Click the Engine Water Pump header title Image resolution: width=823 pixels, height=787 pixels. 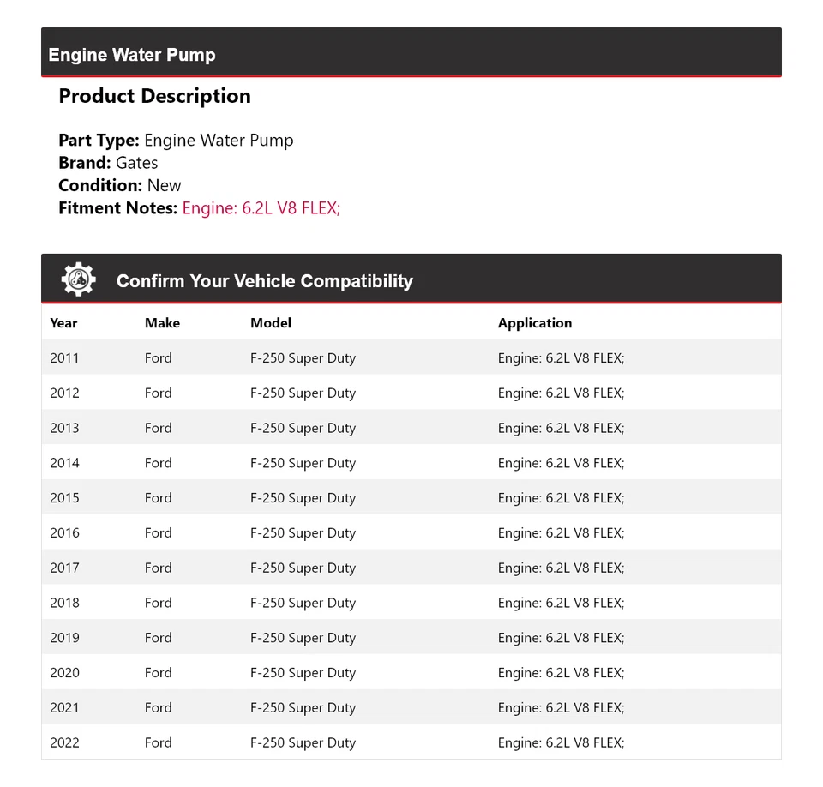click(132, 55)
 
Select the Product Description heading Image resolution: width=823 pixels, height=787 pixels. click(154, 96)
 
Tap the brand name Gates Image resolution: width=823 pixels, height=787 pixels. click(136, 163)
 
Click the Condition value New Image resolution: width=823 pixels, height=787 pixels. click(164, 185)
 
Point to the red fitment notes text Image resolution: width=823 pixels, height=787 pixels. click(261, 207)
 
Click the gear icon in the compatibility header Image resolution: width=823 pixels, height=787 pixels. click(78, 280)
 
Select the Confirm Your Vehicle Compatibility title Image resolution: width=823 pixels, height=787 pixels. click(264, 281)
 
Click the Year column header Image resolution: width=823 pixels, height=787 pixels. click(63, 323)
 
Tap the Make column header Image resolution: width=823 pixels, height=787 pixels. click(162, 323)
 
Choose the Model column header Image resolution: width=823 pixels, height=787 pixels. click(271, 323)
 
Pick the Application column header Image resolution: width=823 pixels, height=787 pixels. click(534, 323)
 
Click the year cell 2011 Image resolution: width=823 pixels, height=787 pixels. click(64, 358)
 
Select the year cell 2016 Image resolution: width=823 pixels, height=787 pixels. click(64, 533)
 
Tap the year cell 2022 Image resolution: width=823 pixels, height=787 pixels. click(64, 743)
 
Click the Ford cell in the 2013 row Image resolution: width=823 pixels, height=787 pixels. click(158, 429)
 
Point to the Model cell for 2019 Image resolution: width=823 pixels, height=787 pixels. click(303, 638)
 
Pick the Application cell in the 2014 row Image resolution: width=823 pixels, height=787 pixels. click(561, 463)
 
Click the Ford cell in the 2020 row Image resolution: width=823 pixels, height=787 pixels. click(158, 673)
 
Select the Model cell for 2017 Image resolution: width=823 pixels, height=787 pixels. click(303, 568)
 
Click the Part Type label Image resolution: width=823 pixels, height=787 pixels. click(99, 141)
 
